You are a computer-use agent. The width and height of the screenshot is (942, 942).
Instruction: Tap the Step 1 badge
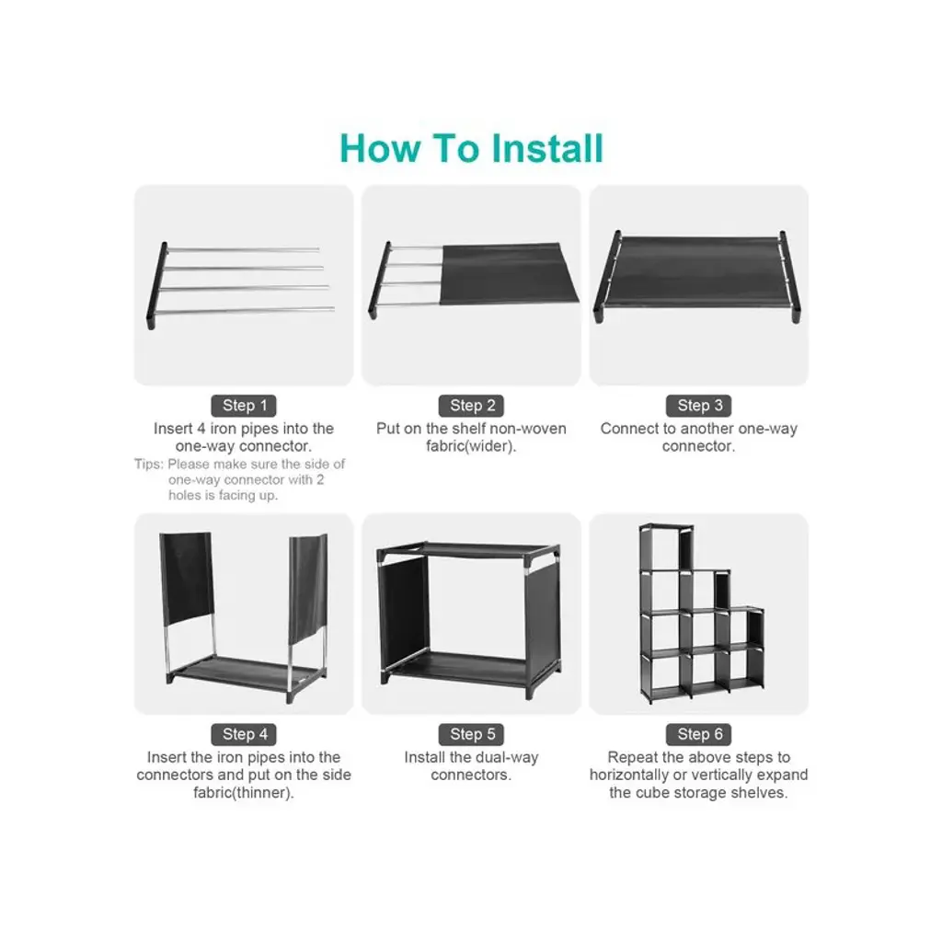click(243, 406)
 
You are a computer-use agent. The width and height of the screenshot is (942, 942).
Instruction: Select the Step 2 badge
click(472, 406)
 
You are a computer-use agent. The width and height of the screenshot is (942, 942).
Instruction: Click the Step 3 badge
click(699, 406)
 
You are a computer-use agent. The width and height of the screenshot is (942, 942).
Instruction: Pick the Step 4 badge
click(243, 734)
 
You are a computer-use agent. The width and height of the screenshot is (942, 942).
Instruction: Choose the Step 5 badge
click(472, 734)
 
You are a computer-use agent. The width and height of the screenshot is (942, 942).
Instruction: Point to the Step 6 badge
click(699, 734)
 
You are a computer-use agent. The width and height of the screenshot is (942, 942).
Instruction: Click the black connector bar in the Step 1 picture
click(156, 285)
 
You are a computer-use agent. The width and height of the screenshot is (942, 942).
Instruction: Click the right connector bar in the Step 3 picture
click(790, 276)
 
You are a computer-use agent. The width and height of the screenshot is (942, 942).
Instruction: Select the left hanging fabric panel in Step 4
click(186, 578)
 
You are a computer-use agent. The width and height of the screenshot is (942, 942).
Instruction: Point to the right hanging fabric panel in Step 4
click(308, 589)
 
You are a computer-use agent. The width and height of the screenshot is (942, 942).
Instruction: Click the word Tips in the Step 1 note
click(148, 465)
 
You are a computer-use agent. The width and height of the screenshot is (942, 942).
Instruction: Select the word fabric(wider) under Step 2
click(471, 446)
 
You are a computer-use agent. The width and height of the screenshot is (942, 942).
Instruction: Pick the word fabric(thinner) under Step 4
click(243, 793)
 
